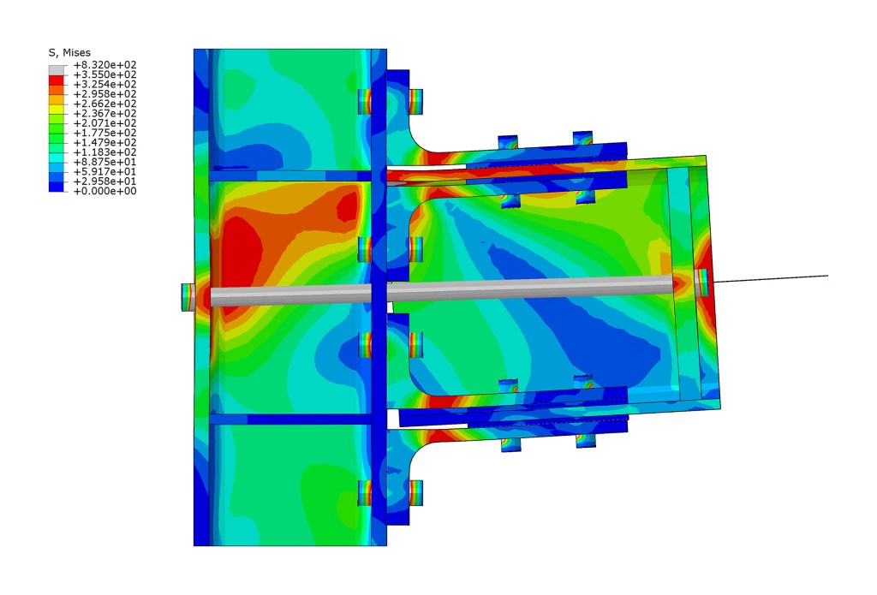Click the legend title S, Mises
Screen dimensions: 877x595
(x=69, y=52)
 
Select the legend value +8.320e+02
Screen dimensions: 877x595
(x=104, y=65)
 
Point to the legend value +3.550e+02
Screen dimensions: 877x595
(x=104, y=74)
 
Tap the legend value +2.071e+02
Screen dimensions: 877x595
(x=104, y=123)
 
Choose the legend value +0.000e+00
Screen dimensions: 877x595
(x=104, y=191)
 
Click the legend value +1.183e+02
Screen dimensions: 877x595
(x=104, y=152)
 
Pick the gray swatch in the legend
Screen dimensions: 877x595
(x=56, y=70)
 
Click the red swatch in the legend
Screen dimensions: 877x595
(x=56, y=80)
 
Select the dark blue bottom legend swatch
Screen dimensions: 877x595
(x=56, y=187)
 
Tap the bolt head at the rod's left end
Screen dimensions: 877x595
(x=188, y=297)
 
